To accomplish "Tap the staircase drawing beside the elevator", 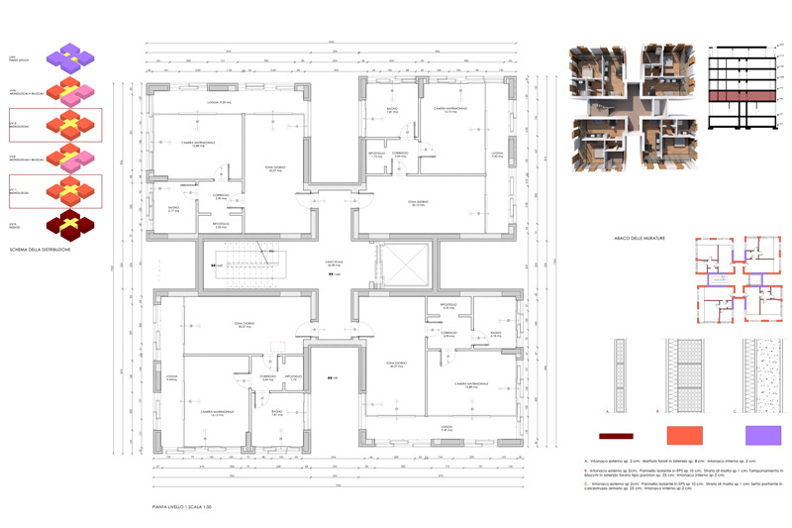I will (248, 264).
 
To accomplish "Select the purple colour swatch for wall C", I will (762, 435).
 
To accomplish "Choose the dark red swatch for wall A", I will (610, 435).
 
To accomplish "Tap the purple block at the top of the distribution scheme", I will (69, 56).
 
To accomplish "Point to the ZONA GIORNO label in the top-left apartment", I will (262, 169).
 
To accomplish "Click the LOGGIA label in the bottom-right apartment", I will (446, 429).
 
